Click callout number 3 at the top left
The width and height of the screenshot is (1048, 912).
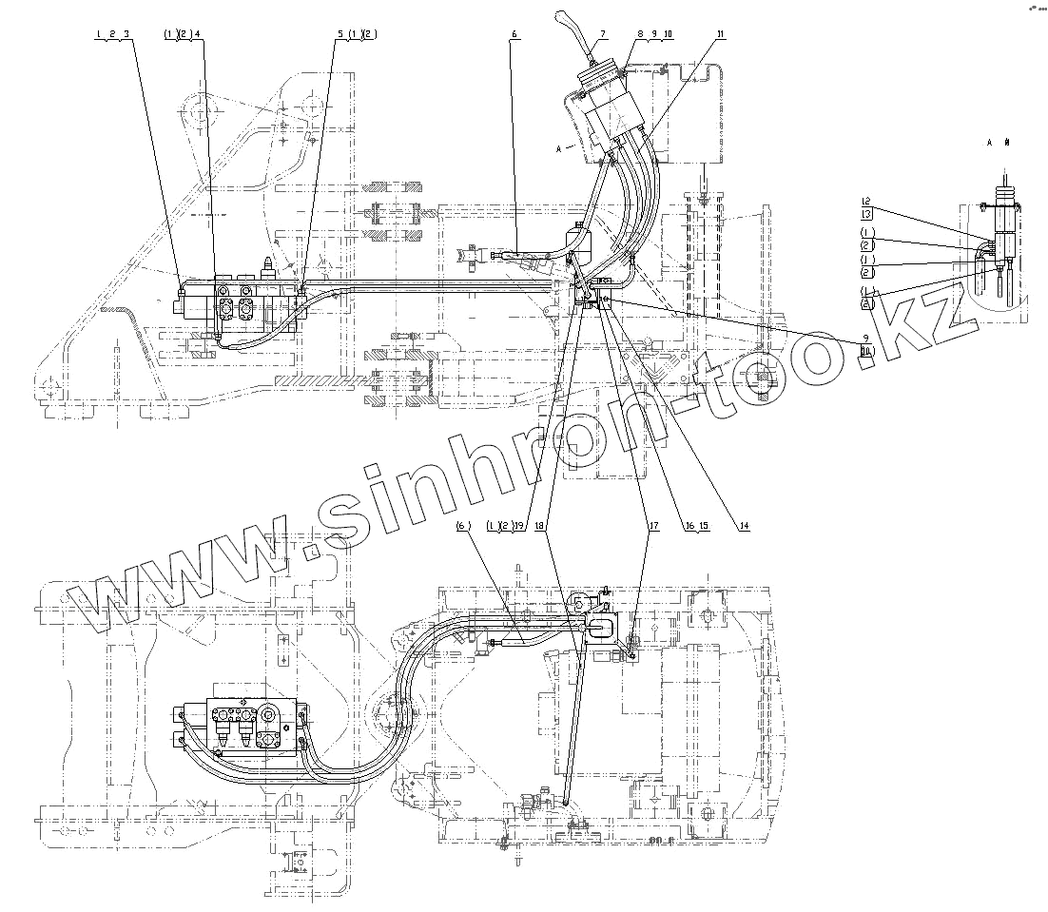click(126, 34)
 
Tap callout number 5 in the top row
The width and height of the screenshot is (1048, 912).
click(339, 34)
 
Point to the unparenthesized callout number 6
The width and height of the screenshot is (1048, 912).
click(514, 34)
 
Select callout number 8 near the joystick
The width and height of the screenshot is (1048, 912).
click(641, 34)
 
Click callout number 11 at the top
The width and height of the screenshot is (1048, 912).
click(721, 34)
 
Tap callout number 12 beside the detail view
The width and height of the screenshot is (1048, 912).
click(866, 201)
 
